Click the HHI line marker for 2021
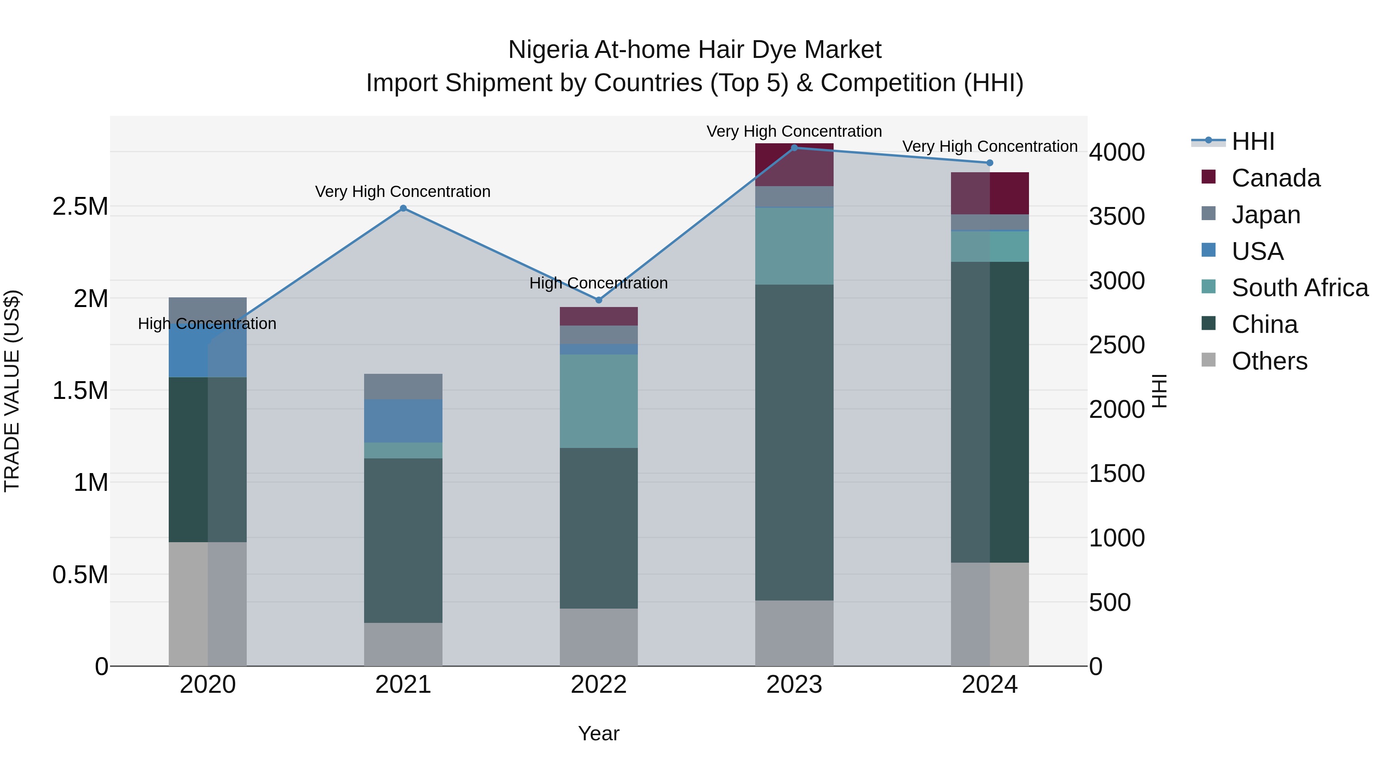(403, 208)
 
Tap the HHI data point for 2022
(598, 300)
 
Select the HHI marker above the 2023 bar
(794, 148)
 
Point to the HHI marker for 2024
(990, 163)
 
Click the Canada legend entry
(1276, 178)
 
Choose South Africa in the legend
(1299, 288)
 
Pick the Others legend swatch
(1209, 360)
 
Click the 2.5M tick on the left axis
(80, 207)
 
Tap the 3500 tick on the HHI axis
(1116, 216)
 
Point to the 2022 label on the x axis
(598, 685)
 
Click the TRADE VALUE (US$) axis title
(12, 391)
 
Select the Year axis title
(598, 733)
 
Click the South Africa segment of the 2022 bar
(598, 401)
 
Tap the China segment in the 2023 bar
(794, 443)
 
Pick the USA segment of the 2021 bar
(403, 421)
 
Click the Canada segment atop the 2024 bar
(990, 193)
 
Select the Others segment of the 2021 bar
(403, 645)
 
